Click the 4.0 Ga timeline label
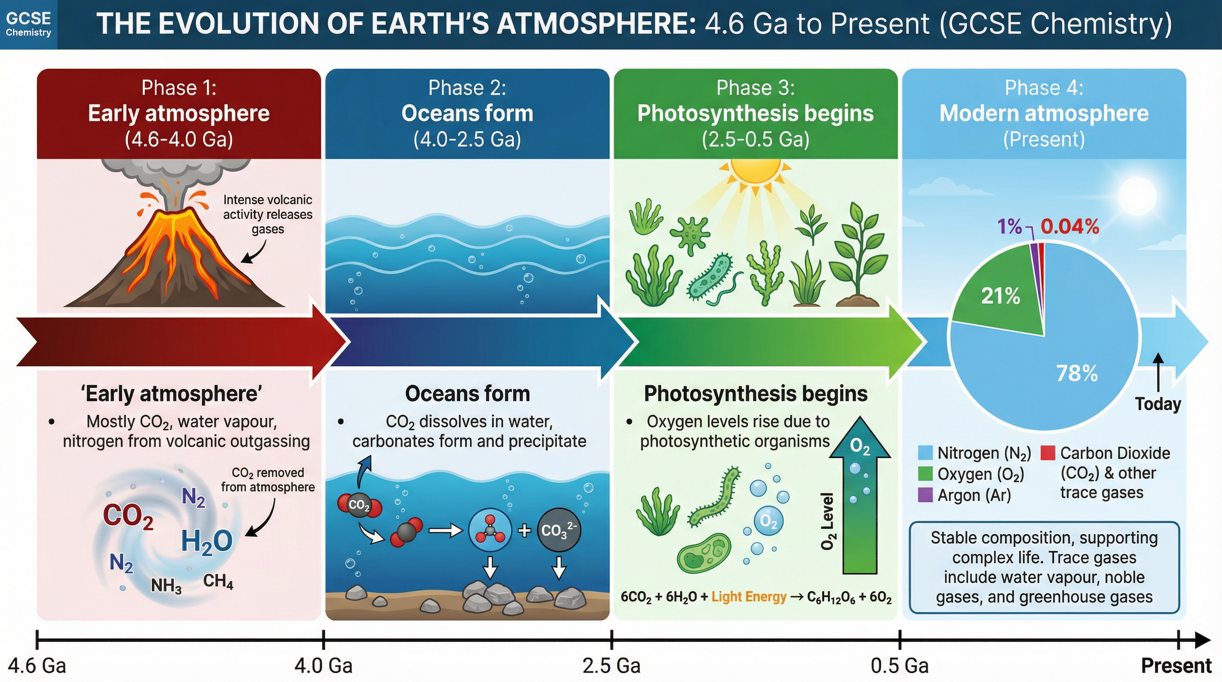pos(324,666)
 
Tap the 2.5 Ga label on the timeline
pos(611,666)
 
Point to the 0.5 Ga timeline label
pos(900,666)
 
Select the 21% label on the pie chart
pos(1000,296)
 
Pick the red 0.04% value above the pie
pos(1070,227)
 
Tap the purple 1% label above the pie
pos(1009,227)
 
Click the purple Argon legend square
pos(925,495)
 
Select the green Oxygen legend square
pos(925,473)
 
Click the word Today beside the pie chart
pos(1158,404)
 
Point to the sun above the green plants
pos(755,171)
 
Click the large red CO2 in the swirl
pos(128,516)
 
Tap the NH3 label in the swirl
pos(166,586)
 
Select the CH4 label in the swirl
pos(218,581)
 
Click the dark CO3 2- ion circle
pos(559,530)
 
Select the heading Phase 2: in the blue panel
pos(467,88)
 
